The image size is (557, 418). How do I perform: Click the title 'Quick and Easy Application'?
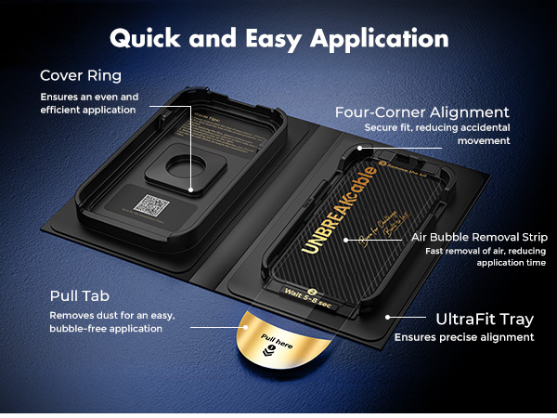(x=278, y=39)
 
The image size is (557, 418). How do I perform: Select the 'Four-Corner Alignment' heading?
(x=422, y=112)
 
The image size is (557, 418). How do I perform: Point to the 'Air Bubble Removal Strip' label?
(x=479, y=237)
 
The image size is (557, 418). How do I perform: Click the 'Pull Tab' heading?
(x=80, y=296)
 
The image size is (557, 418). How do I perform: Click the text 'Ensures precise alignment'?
(x=464, y=337)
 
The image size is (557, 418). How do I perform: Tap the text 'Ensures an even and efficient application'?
(x=88, y=102)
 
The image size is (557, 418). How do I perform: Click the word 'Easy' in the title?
(x=270, y=39)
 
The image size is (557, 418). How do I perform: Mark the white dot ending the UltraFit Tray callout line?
(x=385, y=316)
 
